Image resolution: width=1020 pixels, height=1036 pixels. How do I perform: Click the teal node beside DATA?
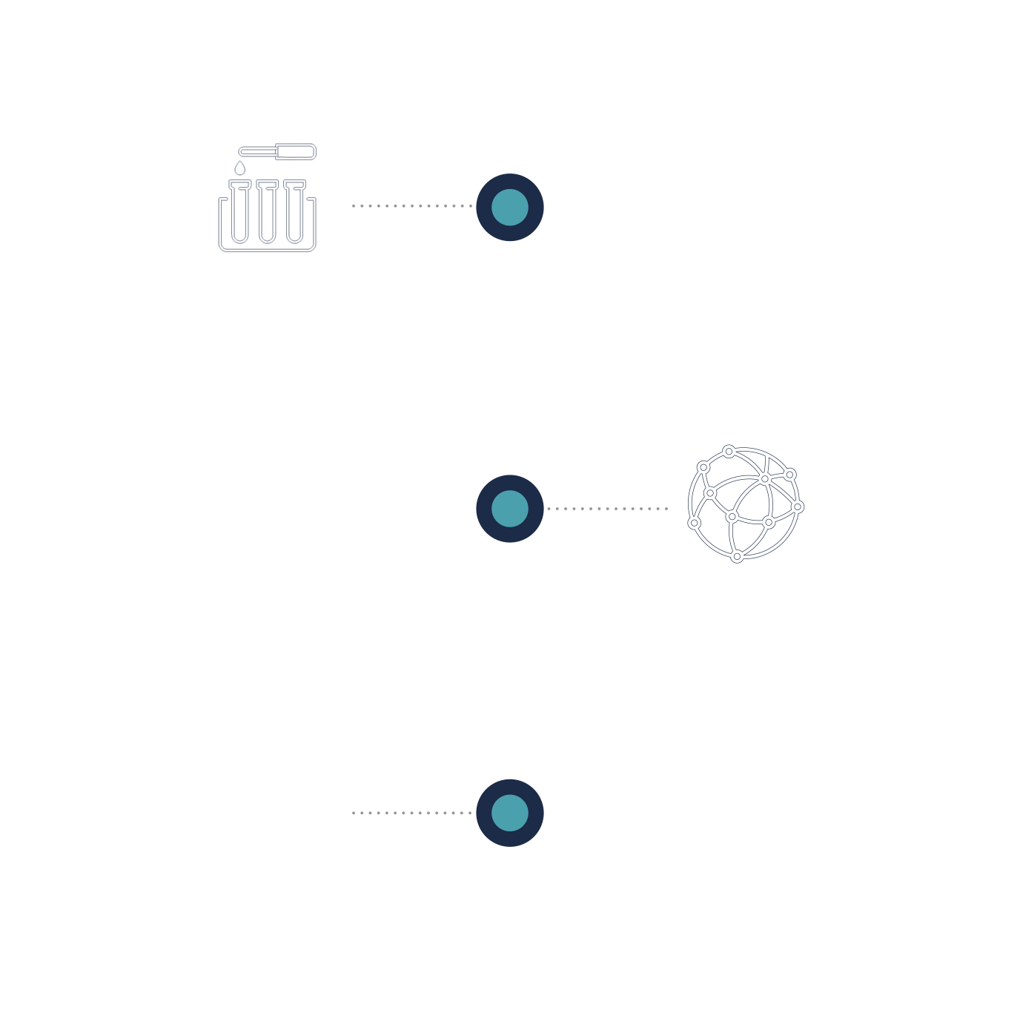(x=510, y=207)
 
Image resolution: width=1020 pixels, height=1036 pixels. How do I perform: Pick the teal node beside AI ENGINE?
(x=510, y=509)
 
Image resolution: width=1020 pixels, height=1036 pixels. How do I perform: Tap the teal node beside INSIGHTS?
(x=510, y=813)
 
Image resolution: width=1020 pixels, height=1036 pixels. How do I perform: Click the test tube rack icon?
(x=267, y=215)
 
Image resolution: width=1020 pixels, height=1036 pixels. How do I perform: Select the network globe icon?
(x=745, y=504)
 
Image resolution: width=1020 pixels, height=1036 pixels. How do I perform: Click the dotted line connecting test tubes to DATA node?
(x=411, y=205)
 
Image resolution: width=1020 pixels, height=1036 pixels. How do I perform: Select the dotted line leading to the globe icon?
(x=608, y=509)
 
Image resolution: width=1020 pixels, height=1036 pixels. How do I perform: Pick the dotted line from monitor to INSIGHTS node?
(x=411, y=813)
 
